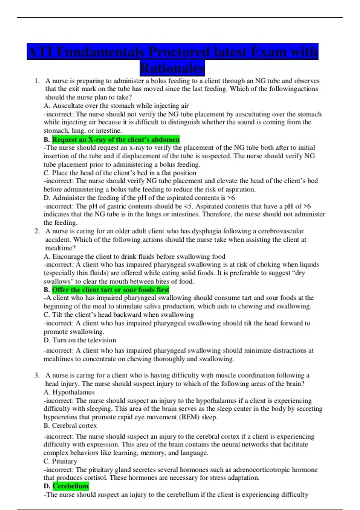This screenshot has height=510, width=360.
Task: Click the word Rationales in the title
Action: pyautogui.click(x=172, y=68)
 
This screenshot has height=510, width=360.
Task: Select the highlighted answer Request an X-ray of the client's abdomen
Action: pyautogui.click(x=116, y=139)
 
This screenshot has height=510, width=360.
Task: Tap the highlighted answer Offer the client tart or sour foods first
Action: pyautogui.click(x=110, y=290)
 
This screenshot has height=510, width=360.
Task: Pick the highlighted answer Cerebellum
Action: pyautogui.click(x=71, y=486)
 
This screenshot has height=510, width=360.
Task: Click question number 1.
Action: pyautogui.click(x=37, y=81)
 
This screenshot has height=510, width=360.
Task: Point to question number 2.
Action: pyautogui.click(x=37, y=231)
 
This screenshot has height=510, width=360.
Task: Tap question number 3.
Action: pyautogui.click(x=37, y=375)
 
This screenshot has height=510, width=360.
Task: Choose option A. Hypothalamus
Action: pyautogui.click(x=69, y=392)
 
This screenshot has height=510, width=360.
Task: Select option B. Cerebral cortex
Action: pyautogui.click(x=70, y=425)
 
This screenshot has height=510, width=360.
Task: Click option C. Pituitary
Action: pyautogui.click(x=60, y=461)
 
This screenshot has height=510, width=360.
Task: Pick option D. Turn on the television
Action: pyautogui.click(x=80, y=340)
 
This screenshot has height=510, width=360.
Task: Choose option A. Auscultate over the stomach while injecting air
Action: pyautogui.click(x=116, y=106)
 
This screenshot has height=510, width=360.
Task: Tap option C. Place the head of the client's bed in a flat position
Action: pyautogui.click(x=120, y=173)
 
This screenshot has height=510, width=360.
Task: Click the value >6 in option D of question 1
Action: pyautogui.click(x=231, y=198)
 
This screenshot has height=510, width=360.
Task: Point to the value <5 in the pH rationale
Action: pyautogui.click(x=188, y=206)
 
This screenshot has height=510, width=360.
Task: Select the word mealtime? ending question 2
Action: pyautogui.click(x=60, y=248)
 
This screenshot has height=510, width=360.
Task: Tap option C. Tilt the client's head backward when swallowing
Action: pyautogui.click(x=119, y=315)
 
